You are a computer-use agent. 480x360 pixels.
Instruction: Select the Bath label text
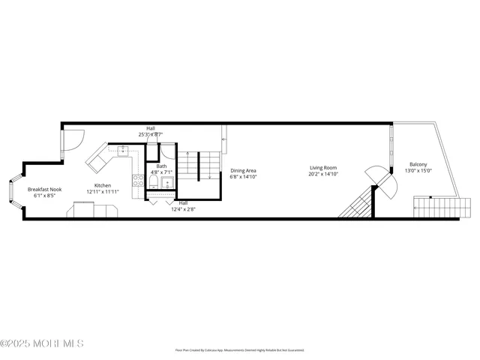pyautogui.click(x=161, y=166)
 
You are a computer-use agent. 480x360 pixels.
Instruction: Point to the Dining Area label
pyautogui.click(x=243, y=171)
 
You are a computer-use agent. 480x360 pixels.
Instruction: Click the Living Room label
pyautogui.click(x=323, y=167)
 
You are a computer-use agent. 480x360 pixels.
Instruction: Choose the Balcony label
pyautogui.click(x=418, y=164)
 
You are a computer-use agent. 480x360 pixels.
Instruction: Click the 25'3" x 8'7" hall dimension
pyautogui.click(x=151, y=134)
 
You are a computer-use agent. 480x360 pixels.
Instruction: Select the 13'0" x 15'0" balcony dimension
pyautogui.click(x=418, y=171)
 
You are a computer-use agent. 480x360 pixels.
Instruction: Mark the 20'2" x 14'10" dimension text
pyautogui.click(x=323, y=174)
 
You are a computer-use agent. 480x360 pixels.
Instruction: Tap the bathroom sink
pyautogui.click(x=166, y=181)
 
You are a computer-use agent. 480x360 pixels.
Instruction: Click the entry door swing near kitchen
pyautogui.click(x=71, y=140)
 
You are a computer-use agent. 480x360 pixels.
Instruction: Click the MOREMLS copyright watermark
pyautogui.click(x=42, y=344)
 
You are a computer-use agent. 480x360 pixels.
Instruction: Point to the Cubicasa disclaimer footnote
pyautogui.click(x=240, y=349)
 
